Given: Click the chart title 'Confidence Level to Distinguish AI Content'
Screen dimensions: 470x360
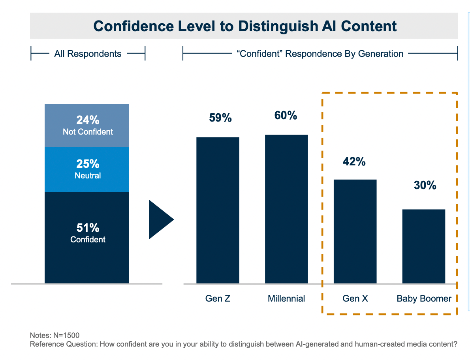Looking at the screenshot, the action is [x=245, y=26].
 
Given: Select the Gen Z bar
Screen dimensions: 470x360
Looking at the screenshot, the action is [x=218, y=210].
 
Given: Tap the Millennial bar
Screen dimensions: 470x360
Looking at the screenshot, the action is [x=287, y=209].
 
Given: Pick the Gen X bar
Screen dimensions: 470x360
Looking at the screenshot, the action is [x=355, y=232].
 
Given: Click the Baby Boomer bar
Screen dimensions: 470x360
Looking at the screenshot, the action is [x=424, y=246].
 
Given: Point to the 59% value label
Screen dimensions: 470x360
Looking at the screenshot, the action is [x=220, y=118].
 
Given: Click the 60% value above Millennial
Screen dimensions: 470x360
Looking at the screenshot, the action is [x=286, y=115].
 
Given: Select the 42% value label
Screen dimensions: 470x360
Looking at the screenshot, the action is [x=354, y=161].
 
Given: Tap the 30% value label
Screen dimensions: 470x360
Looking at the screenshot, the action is [x=425, y=185].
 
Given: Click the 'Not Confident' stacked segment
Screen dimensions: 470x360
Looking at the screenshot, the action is [x=87, y=126].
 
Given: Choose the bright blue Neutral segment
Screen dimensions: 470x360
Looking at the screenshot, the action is [x=87, y=170].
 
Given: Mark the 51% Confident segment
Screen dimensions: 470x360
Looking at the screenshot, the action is [x=87, y=238].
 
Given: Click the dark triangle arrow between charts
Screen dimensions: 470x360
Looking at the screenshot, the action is [x=160, y=219].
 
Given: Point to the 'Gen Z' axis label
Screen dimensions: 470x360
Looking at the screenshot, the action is [x=218, y=298].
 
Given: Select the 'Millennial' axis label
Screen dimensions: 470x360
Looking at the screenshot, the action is [x=286, y=298].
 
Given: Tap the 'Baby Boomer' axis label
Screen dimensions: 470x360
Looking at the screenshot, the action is [x=424, y=298].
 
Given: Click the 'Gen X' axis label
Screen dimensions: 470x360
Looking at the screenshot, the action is [x=355, y=298].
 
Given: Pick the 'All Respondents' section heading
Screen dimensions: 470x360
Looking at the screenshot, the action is [x=88, y=54].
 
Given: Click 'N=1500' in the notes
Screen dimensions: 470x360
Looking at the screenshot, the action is [x=66, y=335].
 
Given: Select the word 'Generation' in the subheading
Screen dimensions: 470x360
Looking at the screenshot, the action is [x=381, y=54].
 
